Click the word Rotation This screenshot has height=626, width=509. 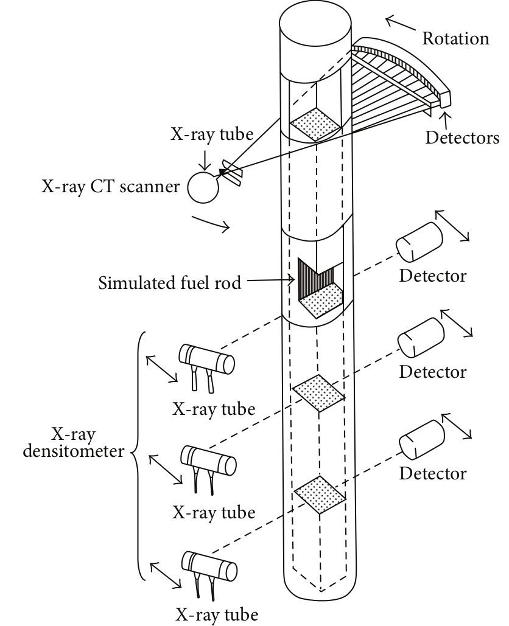[x=455, y=38]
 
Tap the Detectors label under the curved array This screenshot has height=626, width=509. [x=461, y=137]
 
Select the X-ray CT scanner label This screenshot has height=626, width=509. [x=110, y=187]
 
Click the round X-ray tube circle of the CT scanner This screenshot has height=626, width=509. [x=203, y=187]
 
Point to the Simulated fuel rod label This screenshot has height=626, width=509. [x=170, y=283]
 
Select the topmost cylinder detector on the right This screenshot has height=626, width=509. [x=419, y=240]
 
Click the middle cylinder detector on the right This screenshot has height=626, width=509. [x=421, y=337]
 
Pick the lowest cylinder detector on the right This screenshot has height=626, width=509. [x=422, y=439]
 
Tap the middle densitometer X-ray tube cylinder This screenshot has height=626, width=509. [x=208, y=461]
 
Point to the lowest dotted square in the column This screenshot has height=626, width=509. [x=319, y=493]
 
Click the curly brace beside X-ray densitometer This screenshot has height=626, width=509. [x=139, y=453]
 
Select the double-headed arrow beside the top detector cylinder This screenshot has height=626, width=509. [x=451, y=226]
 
